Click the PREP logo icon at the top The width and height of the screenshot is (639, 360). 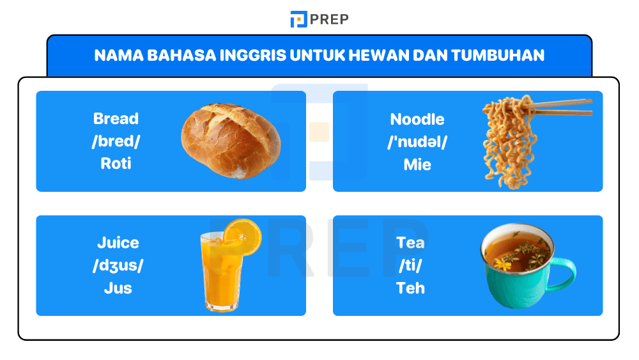pyautogui.click(x=298, y=19)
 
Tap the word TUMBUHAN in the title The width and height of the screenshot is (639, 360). pyautogui.click(x=498, y=56)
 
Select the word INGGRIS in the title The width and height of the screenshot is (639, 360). pyautogui.click(x=252, y=56)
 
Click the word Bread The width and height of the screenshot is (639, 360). pyautogui.click(x=116, y=119)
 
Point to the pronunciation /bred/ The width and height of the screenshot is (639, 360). pyautogui.click(x=116, y=141)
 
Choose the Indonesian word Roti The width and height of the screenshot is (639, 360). pyautogui.click(x=116, y=164)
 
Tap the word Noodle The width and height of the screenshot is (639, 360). pyautogui.click(x=417, y=120)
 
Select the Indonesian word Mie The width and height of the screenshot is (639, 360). pyautogui.click(x=417, y=165)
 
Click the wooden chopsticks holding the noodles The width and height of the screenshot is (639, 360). pyautogui.click(x=562, y=107)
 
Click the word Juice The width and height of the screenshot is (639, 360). pyautogui.click(x=118, y=243)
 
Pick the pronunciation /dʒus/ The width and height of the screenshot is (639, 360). pyautogui.click(x=118, y=265)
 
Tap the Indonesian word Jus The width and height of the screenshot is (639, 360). pyautogui.click(x=118, y=288)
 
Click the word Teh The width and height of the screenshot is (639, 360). pyautogui.click(x=410, y=288)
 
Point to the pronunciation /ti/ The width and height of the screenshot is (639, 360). pyautogui.click(x=410, y=265)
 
